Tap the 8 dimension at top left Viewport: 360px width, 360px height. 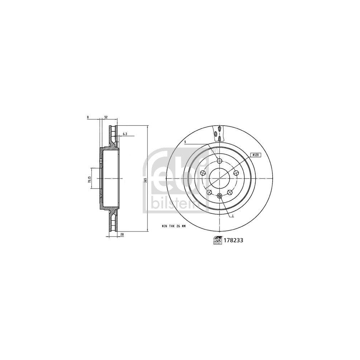click(x=87, y=117)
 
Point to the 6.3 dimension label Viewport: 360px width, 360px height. click(x=125, y=134)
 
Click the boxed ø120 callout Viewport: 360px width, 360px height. click(x=255, y=154)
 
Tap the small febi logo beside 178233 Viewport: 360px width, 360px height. click(x=217, y=241)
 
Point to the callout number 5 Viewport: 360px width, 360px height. click(x=185, y=142)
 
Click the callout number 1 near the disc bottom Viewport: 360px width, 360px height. click(x=233, y=216)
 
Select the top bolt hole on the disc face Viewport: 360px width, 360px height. click(x=220, y=161)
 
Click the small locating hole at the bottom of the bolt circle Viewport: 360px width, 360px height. click(x=220, y=195)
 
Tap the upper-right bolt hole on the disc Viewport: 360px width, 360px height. click(x=236, y=173)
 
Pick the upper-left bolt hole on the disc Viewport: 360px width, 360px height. click(x=203, y=173)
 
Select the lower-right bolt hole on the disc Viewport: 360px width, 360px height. click(x=230, y=192)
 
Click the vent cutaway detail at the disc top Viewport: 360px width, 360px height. click(x=218, y=133)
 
